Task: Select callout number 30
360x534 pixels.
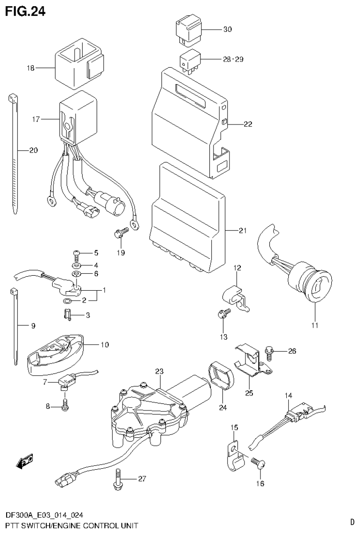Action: (x=227, y=29)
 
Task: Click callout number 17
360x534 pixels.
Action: (x=37, y=107)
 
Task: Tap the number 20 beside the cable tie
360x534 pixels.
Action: (x=33, y=150)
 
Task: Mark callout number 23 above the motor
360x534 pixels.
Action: (x=159, y=371)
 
